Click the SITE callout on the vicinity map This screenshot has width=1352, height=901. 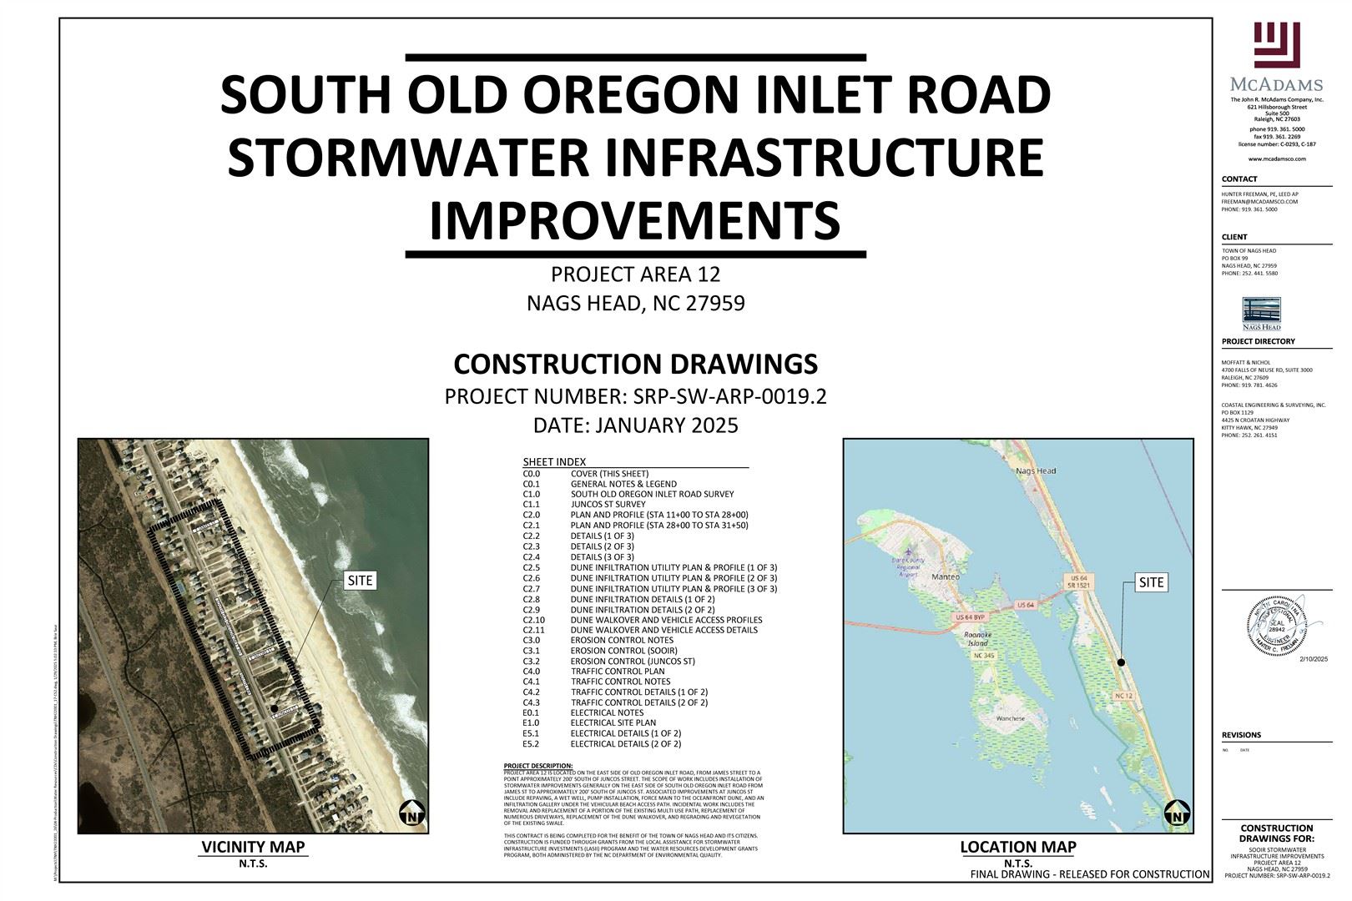[x=361, y=581]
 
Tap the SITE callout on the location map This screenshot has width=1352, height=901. [x=1151, y=582]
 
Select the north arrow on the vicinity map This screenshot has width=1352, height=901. [x=410, y=813]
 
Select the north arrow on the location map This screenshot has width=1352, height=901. [x=1176, y=813]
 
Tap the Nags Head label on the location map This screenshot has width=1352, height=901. [x=1036, y=471]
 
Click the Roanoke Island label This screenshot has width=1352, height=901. [x=976, y=639]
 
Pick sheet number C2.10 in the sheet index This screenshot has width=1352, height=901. [x=534, y=620]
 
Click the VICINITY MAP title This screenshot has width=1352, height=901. [x=253, y=847]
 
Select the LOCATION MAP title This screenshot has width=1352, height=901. [x=1017, y=847]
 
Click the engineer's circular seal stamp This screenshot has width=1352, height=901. [x=1276, y=624]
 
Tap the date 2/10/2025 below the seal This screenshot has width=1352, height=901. [x=1313, y=659]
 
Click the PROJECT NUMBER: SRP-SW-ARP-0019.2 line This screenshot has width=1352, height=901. [x=635, y=396]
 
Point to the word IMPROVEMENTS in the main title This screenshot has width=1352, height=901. [x=634, y=219]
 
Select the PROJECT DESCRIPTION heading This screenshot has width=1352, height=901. [x=538, y=766]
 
